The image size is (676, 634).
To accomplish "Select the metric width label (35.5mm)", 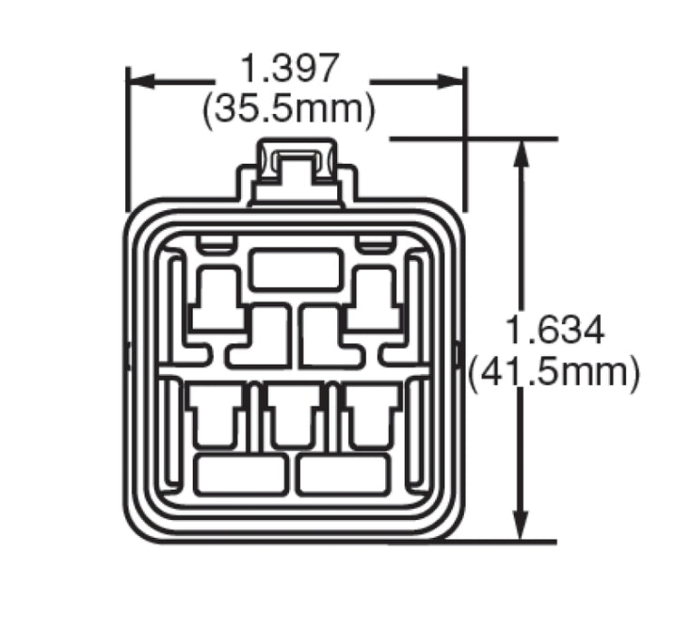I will click(289, 109).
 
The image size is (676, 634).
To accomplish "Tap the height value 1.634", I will click(555, 331).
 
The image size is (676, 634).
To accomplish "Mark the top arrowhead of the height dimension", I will click(520, 152).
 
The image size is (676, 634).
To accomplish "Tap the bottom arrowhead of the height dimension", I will click(520, 529).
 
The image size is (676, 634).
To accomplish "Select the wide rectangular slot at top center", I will click(295, 271).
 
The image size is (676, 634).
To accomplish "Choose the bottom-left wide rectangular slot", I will click(240, 475).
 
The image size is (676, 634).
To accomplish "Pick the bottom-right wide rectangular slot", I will click(343, 475).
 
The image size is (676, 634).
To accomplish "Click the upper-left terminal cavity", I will click(217, 299).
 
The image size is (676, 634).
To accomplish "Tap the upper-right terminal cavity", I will click(372, 299).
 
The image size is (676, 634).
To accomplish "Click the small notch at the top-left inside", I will click(217, 244).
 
